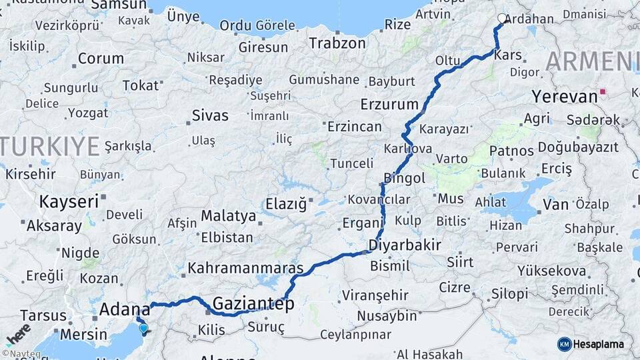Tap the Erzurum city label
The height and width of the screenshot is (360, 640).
389,105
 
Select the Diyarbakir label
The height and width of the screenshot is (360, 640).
405,245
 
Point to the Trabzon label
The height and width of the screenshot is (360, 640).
337,43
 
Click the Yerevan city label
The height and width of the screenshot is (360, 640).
564,97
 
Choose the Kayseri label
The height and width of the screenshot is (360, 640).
69,201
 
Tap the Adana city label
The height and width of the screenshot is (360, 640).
125,309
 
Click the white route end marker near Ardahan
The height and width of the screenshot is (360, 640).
502,19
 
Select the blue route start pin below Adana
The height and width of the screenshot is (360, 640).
143,328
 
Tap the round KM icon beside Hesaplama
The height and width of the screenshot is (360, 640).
564,344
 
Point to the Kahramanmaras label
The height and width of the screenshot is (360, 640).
245,269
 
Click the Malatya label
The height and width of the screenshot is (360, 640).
229,216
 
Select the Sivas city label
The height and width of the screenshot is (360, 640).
210,115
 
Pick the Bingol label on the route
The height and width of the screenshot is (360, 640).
404,178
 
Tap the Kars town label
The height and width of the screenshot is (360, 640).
508,55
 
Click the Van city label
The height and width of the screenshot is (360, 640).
556,204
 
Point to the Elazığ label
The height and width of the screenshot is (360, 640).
286,203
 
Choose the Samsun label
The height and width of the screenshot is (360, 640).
118,5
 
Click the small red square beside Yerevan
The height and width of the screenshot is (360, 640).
603,92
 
